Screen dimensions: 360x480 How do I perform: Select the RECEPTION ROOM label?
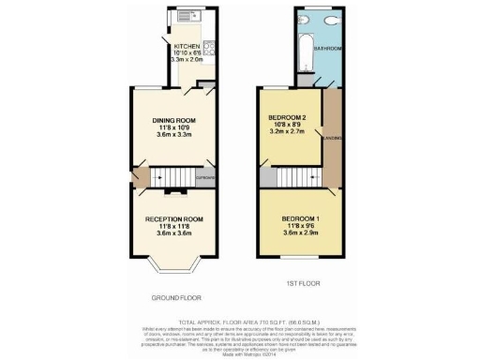(173, 218)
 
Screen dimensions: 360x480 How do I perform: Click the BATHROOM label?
(327, 48)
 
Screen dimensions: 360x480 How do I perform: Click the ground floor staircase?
(172, 174)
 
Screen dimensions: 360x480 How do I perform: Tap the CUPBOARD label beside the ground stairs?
(206, 176)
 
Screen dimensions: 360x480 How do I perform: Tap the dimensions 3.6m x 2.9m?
(303, 233)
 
